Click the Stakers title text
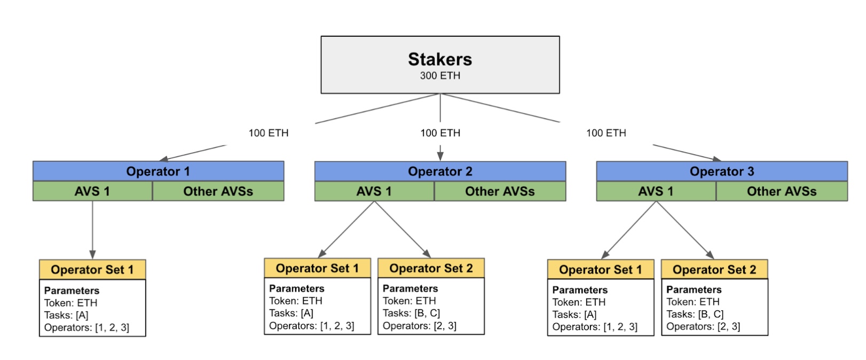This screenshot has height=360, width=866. click(440, 59)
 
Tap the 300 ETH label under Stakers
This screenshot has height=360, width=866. click(440, 75)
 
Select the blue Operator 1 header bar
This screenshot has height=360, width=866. click(158, 171)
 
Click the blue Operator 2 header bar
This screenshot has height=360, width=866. click(440, 171)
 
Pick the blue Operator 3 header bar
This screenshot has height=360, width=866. click(722, 171)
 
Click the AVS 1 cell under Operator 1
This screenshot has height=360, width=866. click(92, 191)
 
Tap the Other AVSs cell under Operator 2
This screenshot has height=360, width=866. click(500, 191)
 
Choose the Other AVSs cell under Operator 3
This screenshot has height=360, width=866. click(782, 191)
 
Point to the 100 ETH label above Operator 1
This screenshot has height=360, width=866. click(269, 133)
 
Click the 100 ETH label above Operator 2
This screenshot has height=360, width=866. click(440, 133)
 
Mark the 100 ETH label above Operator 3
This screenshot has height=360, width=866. click(606, 133)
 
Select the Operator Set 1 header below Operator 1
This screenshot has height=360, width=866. click(92, 270)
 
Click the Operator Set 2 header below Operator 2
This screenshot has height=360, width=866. click(431, 268)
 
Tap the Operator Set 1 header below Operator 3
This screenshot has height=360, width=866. click(601, 270)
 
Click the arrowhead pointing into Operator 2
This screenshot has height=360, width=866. click(440, 156)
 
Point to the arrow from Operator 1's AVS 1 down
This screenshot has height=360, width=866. click(92, 230)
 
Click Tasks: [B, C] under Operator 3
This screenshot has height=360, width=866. click(695, 314)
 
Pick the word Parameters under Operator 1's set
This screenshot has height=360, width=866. click(72, 291)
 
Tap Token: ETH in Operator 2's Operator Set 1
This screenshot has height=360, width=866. click(295, 301)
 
